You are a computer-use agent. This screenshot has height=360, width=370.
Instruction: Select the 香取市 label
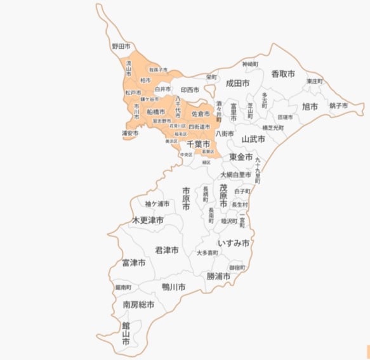[283, 74]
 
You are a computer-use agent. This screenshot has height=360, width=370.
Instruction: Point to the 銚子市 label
[338, 105]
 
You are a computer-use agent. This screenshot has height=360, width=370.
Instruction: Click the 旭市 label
[310, 106]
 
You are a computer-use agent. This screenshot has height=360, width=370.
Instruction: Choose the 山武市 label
[253, 138]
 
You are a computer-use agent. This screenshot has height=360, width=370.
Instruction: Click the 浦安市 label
[129, 133]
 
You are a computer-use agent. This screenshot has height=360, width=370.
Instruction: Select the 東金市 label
[241, 157]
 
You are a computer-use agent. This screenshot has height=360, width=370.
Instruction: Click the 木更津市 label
[147, 220]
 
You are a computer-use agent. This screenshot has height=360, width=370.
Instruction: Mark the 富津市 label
[133, 262]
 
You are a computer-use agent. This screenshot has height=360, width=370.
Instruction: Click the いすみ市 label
[234, 243]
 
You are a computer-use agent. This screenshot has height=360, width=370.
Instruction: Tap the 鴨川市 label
[173, 287]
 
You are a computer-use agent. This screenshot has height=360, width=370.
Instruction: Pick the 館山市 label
[126, 334]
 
